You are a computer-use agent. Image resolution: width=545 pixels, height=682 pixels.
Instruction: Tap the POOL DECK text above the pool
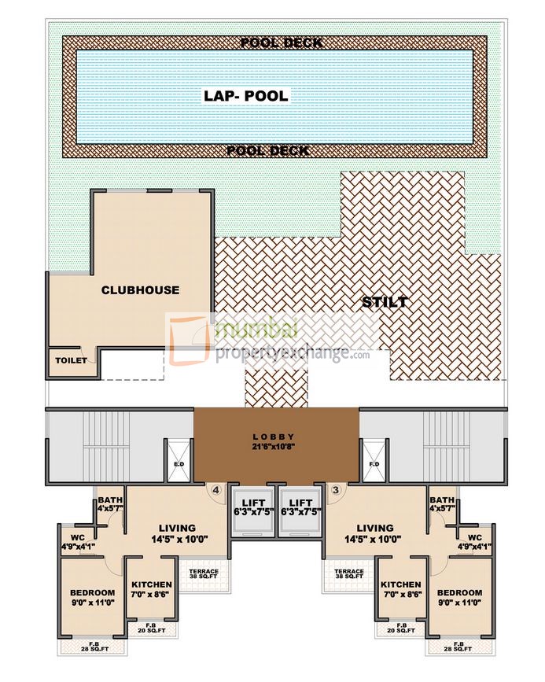click(281, 42)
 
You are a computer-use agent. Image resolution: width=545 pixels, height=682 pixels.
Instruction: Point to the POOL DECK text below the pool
click(267, 150)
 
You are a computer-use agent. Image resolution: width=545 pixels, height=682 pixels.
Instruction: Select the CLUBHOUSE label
click(140, 289)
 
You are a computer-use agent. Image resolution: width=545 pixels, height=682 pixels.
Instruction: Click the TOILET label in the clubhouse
click(70, 360)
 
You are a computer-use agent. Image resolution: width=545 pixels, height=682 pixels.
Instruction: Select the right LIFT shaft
click(300, 511)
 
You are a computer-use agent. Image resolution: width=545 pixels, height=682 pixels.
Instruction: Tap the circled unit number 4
click(215, 490)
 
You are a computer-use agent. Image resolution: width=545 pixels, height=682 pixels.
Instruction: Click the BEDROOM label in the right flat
click(459, 592)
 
